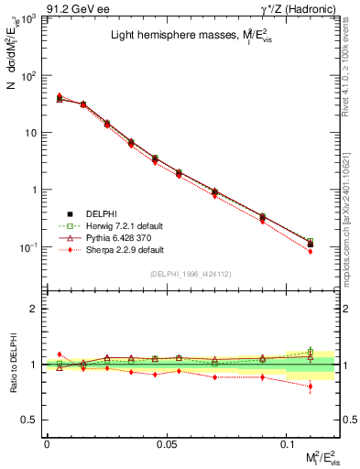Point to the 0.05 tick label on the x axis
point(167,443)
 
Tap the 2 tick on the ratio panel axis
point(35,310)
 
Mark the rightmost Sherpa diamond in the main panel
point(311,251)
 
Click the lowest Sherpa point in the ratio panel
point(311,387)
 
